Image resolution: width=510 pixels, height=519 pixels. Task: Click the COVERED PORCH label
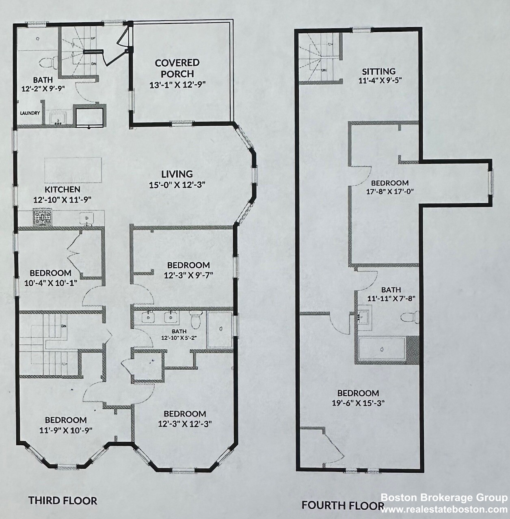177,68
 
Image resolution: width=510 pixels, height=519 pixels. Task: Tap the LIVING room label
177,174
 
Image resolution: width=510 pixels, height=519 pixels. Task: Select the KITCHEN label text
63,189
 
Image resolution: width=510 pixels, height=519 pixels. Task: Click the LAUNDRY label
30,113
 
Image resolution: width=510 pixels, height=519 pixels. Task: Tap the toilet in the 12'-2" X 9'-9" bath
48,63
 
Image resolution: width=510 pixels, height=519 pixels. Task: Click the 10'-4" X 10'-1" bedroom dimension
50,283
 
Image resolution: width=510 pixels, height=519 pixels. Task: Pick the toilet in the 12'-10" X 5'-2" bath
197,319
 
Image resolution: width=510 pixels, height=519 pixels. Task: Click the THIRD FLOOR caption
63,500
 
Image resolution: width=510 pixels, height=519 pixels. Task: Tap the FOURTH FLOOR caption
343,505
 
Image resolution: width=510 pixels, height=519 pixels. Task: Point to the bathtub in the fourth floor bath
382,349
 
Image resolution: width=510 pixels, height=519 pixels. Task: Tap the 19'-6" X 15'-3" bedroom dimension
358,403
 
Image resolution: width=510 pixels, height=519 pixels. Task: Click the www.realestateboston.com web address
444,509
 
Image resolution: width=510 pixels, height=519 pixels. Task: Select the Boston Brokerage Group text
444,498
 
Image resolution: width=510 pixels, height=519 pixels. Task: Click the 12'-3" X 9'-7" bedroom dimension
188,275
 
